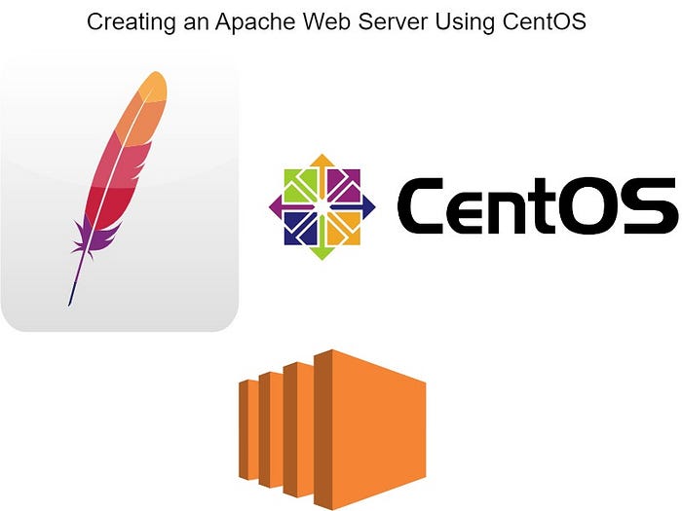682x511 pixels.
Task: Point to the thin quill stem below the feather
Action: click(x=73, y=282)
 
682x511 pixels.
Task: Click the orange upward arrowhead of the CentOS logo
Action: click(x=323, y=160)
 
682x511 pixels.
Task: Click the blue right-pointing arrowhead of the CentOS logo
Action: click(x=371, y=206)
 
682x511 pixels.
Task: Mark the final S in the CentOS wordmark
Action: click(x=650, y=207)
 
